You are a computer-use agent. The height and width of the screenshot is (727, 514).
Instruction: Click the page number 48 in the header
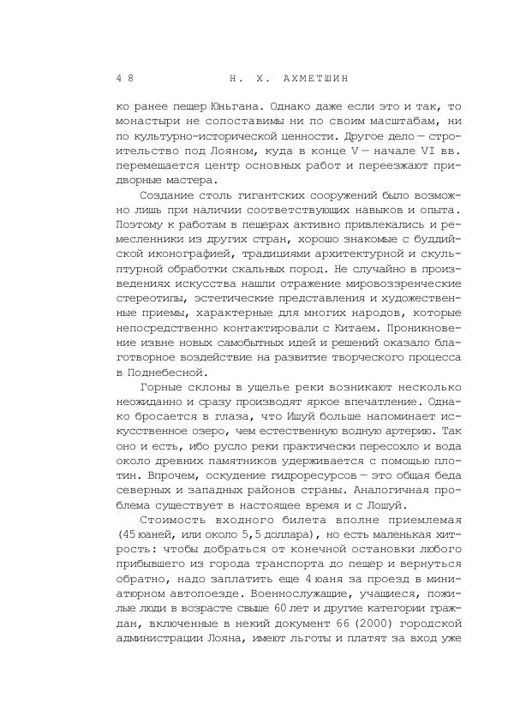tap(125, 79)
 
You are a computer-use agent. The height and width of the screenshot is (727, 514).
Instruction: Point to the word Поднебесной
tap(163, 372)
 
